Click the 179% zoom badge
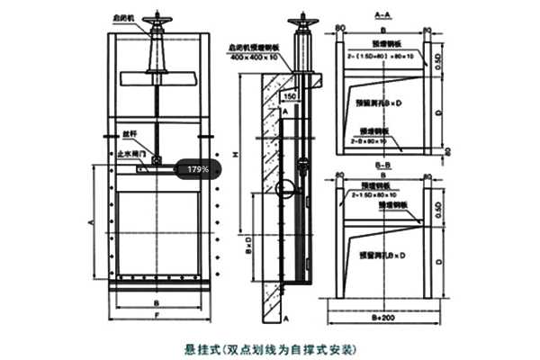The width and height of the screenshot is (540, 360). point(198,168)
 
